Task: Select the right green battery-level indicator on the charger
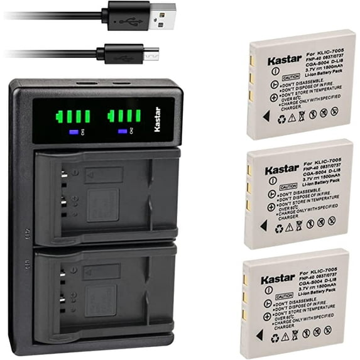tap(124, 117)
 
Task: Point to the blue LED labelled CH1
tap(74, 132)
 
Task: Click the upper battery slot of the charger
tap(104, 195)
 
